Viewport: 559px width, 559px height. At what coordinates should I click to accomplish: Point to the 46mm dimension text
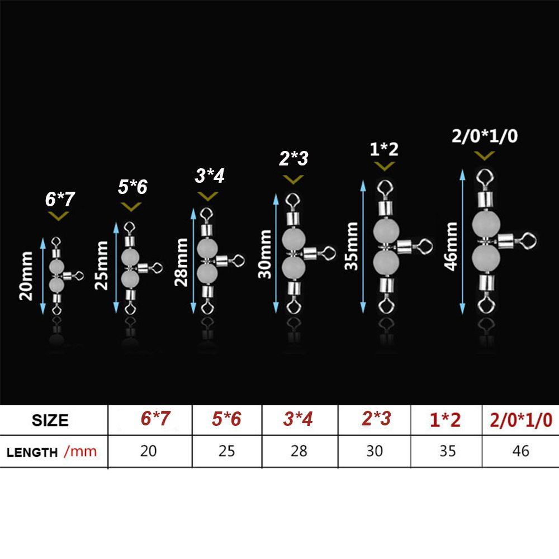pos(452,245)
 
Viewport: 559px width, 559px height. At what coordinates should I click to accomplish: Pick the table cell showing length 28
pos(299,451)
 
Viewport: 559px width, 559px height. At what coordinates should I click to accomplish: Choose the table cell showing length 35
pos(447,451)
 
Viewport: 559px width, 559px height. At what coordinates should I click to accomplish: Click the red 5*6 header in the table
pos(226,419)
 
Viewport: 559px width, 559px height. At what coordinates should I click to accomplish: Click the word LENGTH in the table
pos(32,452)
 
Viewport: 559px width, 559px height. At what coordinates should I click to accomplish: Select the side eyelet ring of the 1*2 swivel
pos(425,245)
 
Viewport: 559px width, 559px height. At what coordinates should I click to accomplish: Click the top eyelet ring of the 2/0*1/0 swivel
pos(484,178)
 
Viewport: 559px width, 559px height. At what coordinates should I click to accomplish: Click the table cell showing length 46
pos(520,451)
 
